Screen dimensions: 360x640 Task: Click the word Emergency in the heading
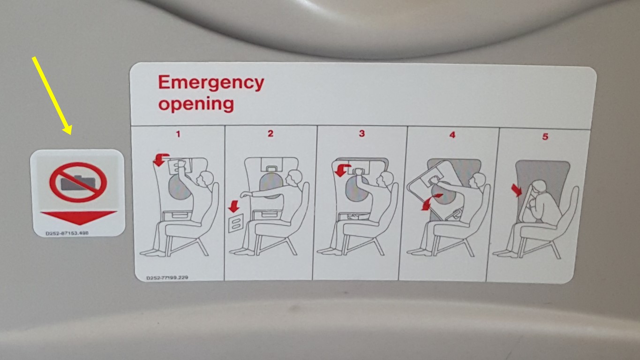pos(211,83)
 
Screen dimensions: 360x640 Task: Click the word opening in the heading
pos(196,104)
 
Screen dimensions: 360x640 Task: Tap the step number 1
pos(178,134)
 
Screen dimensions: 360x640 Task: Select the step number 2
pos(271,134)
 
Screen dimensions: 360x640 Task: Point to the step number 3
pos(362,134)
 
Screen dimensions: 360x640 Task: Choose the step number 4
pos(452,135)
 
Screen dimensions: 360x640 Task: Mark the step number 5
pos(545,137)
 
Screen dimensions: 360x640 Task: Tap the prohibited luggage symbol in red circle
pos(78,182)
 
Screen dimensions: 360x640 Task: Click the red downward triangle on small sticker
pos(78,217)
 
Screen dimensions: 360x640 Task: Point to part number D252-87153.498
pos(67,232)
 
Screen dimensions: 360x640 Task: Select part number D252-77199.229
pos(167,277)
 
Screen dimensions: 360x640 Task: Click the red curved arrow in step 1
pos(162,159)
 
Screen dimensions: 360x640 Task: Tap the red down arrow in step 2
pos(233,205)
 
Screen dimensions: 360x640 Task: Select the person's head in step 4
pos(478,180)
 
